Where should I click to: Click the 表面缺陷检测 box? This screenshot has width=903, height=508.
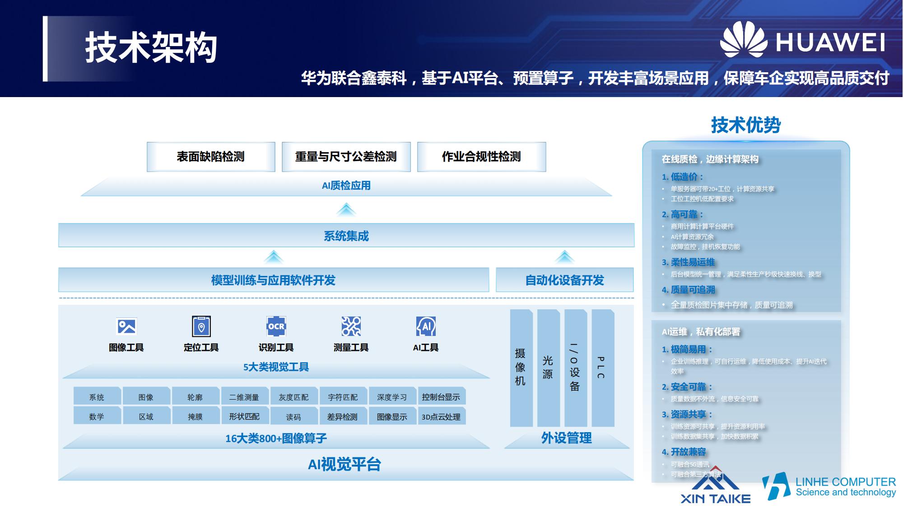(x=211, y=157)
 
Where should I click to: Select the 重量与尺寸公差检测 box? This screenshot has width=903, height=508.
(x=346, y=157)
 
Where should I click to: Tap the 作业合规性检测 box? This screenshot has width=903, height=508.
(x=481, y=157)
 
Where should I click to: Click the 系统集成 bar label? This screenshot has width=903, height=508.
(x=346, y=236)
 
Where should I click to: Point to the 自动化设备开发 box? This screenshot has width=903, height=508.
(x=564, y=280)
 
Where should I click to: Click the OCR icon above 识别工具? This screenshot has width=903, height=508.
(x=276, y=326)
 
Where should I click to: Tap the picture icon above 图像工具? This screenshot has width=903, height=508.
(x=126, y=326)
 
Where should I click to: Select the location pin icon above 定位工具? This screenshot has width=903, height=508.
(x=201, y=326)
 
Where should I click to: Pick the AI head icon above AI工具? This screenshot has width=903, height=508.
(x=426, y=326)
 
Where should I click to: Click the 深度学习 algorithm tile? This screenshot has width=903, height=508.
(x=392, y=397)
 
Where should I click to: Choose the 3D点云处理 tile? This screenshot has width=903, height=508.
(x=441, y=417)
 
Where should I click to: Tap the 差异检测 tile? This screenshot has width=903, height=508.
(x=342, y=417)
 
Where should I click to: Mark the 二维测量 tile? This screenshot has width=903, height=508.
(x=244, y=397)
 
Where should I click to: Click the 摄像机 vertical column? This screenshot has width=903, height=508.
(x=521, y=368)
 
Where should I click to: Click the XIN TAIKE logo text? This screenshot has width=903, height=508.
(x=716, y=499)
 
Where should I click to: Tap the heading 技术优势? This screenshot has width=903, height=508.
(x=746, y=125)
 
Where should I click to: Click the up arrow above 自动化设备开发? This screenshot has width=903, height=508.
(x=564, y=257)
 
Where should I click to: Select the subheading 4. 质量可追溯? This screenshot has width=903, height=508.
(x=689, y=290)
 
